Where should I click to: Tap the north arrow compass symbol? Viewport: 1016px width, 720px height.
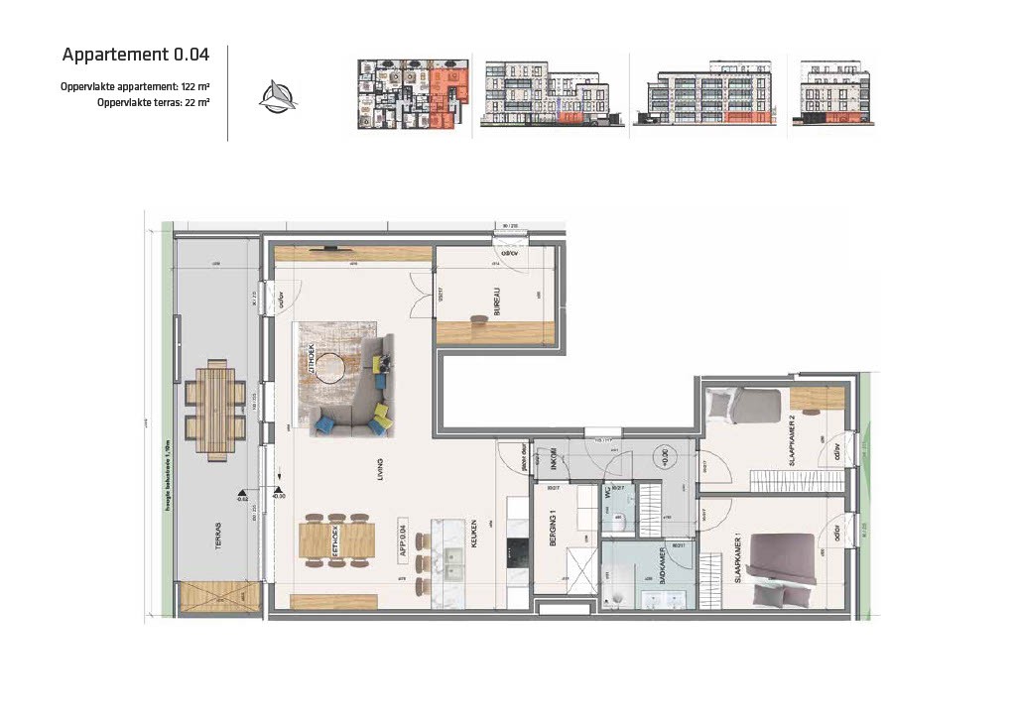pos(277,96)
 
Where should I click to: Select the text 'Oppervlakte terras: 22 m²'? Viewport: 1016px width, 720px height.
pos(153,102)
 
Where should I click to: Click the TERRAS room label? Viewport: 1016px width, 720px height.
pos(217,537)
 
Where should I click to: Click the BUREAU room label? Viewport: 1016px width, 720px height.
pos(497,301)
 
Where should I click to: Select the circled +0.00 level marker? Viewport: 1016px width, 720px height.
pos(660,459)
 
